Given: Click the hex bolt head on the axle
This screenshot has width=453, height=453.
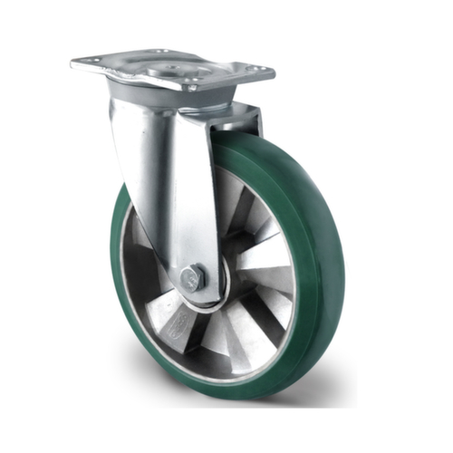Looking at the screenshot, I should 192,278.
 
